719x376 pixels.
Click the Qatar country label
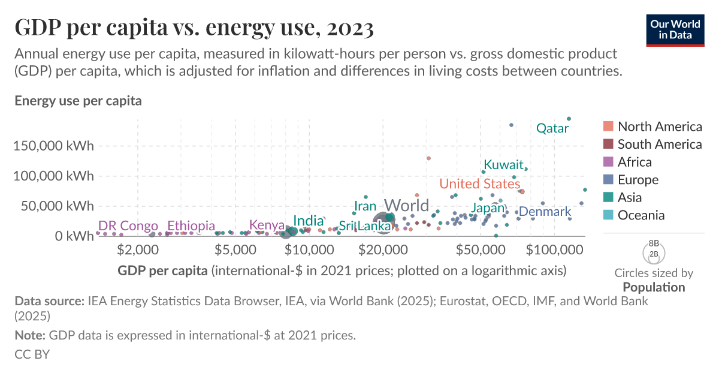(x=552, y=128)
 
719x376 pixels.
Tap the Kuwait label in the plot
(x=503, y=165)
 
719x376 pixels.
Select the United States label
(x=479, y=184)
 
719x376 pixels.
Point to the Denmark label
(x=545, y=212)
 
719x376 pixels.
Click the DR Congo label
(x=128, y=226)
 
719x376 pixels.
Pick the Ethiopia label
(x=191, y=226)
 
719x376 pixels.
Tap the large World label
(x=406, y=205)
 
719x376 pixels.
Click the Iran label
(x=365, y=207)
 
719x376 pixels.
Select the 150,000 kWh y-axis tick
(x=54, y=146)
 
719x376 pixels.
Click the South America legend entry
(x=659, y=144)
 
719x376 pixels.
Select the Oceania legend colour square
(x=608, y=215)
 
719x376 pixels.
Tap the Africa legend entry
(x=635, y=162)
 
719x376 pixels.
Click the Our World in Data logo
(x=675, y=29)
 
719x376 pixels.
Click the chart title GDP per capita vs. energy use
(x=194, y=28)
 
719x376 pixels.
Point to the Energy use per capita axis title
(x=78, y=101)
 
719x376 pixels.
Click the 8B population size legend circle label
(x=654, y=244)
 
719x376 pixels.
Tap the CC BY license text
(x=32, y=354)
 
